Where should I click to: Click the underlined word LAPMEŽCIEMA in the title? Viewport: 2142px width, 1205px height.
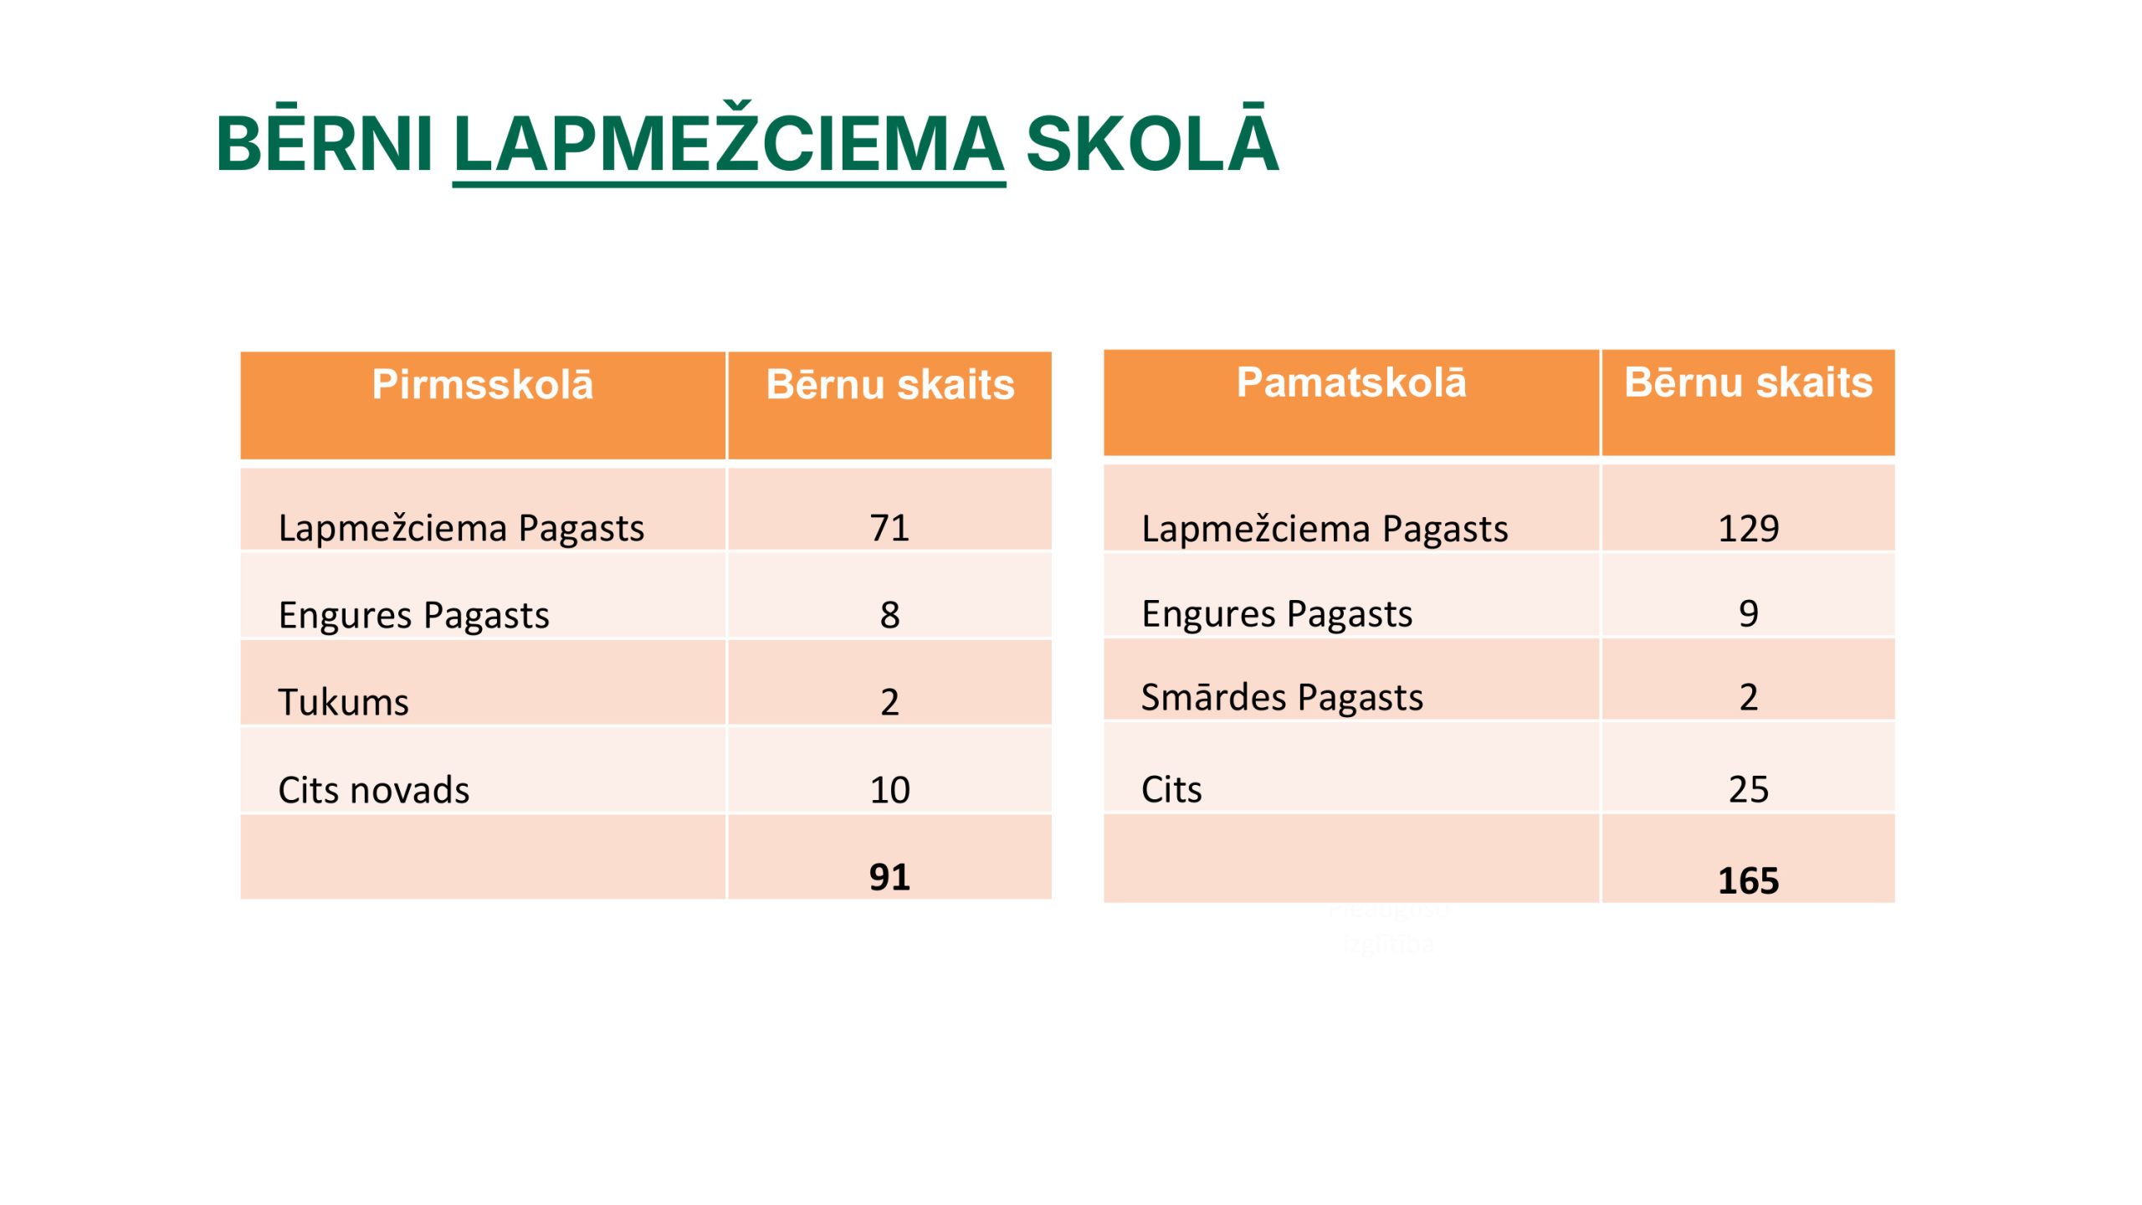729,144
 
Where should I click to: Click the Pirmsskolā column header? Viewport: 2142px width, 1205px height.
483,385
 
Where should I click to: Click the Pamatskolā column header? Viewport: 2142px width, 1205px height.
1351,382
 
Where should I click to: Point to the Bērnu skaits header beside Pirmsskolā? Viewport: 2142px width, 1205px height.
890,385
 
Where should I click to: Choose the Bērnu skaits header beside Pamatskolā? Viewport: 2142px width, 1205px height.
1749,382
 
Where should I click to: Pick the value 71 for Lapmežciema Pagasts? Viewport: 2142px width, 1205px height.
889,528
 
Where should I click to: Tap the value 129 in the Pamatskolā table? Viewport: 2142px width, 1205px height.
1749,529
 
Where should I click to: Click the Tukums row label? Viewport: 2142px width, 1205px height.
344,702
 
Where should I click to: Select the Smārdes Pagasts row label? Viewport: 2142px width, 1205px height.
1282,697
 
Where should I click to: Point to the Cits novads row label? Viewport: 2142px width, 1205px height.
374,790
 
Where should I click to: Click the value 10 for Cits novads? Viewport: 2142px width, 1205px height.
889,790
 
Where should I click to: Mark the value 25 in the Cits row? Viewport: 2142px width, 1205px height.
1749,789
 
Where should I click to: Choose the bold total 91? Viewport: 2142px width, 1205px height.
889,877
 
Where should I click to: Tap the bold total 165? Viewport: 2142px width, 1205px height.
1749,880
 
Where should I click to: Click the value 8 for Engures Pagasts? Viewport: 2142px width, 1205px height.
889,615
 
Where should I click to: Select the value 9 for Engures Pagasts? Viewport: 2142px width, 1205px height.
1749,613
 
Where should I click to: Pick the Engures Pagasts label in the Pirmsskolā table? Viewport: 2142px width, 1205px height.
414,616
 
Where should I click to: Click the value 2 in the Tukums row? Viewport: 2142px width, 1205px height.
889,702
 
